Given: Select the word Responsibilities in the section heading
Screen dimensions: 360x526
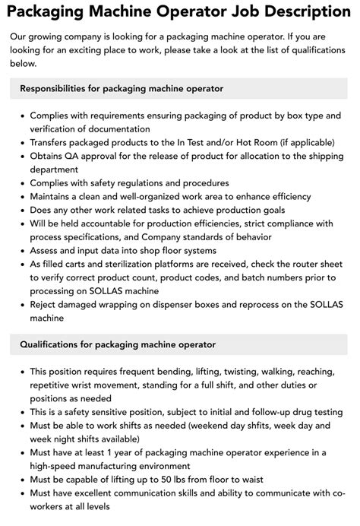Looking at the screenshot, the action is click(x=61, y=89).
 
